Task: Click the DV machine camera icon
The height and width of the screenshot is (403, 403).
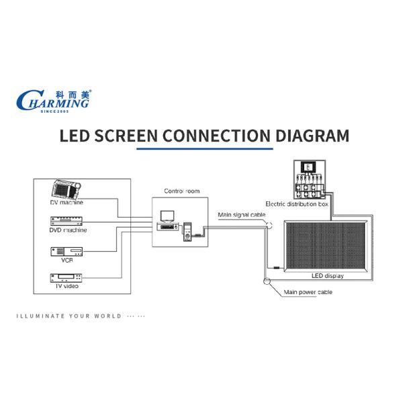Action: point(67,190)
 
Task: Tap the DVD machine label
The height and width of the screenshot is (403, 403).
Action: point(69,230)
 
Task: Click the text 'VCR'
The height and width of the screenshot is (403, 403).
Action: point(67,260)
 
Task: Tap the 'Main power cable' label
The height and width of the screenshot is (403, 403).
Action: point(308,292)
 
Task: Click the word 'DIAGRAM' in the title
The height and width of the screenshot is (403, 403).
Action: point(312,136)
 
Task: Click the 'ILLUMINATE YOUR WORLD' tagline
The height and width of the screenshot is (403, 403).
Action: point(69,316)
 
